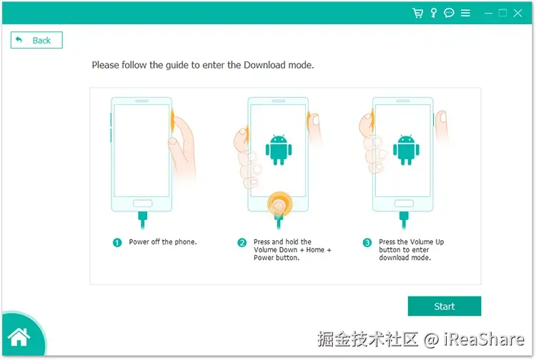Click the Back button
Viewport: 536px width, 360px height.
(36, 40)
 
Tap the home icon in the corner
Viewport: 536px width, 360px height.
(19, 336)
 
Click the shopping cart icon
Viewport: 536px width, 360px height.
(417, 13)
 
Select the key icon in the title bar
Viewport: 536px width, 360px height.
(434, 13)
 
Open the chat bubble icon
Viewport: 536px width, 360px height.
(449, 13)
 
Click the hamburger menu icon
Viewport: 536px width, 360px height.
(465, 13)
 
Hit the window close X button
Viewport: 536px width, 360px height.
(517, 13)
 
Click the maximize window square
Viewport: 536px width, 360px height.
(502, 13)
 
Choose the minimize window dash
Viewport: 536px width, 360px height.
(489, 14)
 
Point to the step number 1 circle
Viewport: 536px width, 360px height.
(117, 243)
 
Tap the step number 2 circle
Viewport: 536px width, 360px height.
(242, 243)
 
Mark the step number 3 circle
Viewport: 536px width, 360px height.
(367, 243)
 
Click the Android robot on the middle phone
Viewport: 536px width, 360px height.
(279, 149)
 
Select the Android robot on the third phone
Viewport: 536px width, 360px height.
(406, 149)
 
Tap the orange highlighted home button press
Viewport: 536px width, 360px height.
(280, 204)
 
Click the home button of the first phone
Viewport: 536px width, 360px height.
(142, 204)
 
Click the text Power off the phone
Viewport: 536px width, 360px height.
(163, 242)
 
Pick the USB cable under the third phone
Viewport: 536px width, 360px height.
(404, 220)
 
